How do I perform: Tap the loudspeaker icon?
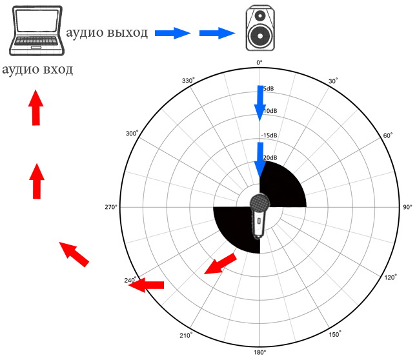(259, 29)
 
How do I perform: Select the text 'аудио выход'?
(107, 32)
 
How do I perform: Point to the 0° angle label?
(259, 63)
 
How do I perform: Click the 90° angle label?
(407, 208)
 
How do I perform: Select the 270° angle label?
(110, 208)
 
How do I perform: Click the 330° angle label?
(188, 81)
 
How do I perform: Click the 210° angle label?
(186, 335)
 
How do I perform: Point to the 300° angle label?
(132, 134)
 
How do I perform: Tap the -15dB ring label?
(269, 135)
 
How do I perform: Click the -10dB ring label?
(270, 112)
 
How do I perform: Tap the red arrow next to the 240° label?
(147, 285)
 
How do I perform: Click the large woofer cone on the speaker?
(259, 37)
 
